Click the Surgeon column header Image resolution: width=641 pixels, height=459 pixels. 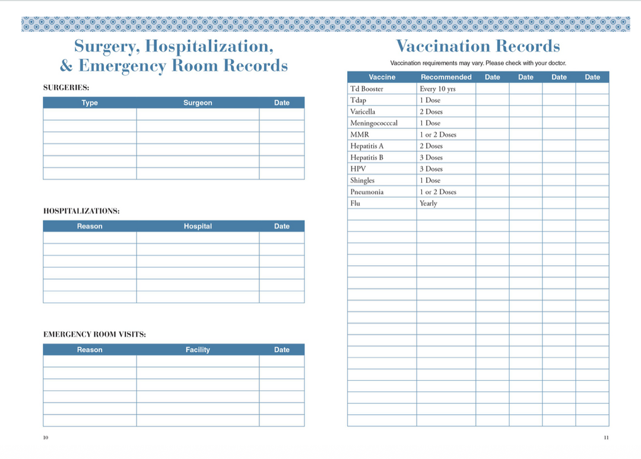[198, 103]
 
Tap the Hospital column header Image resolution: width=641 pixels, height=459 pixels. [198, 226]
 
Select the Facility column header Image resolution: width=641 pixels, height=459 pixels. [198, 350]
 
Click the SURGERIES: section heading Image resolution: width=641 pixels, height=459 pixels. [66, 87]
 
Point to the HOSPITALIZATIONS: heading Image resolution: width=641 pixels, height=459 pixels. [81, 211]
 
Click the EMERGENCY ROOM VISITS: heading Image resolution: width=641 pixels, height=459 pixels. [94, 334]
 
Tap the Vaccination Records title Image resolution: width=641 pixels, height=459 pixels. [478, 46]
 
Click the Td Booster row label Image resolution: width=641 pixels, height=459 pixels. [367, 89]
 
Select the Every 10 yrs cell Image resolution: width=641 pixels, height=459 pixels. [437, 89]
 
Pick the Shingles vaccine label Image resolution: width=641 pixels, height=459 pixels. [362, 181]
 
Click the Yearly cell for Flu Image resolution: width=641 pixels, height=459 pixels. [428, 203]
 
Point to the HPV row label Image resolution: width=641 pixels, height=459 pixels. [358, 169]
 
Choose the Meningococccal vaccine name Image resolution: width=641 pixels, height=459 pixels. [374, 123]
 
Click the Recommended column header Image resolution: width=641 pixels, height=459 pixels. [446, 77]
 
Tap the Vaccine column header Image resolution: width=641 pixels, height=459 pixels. [382, 77]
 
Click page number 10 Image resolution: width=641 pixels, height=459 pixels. [46, 438]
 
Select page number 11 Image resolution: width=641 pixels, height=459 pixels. [606, 438]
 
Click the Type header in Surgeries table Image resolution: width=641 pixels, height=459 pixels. [90, 103]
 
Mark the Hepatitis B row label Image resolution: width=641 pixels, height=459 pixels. [367, 157]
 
